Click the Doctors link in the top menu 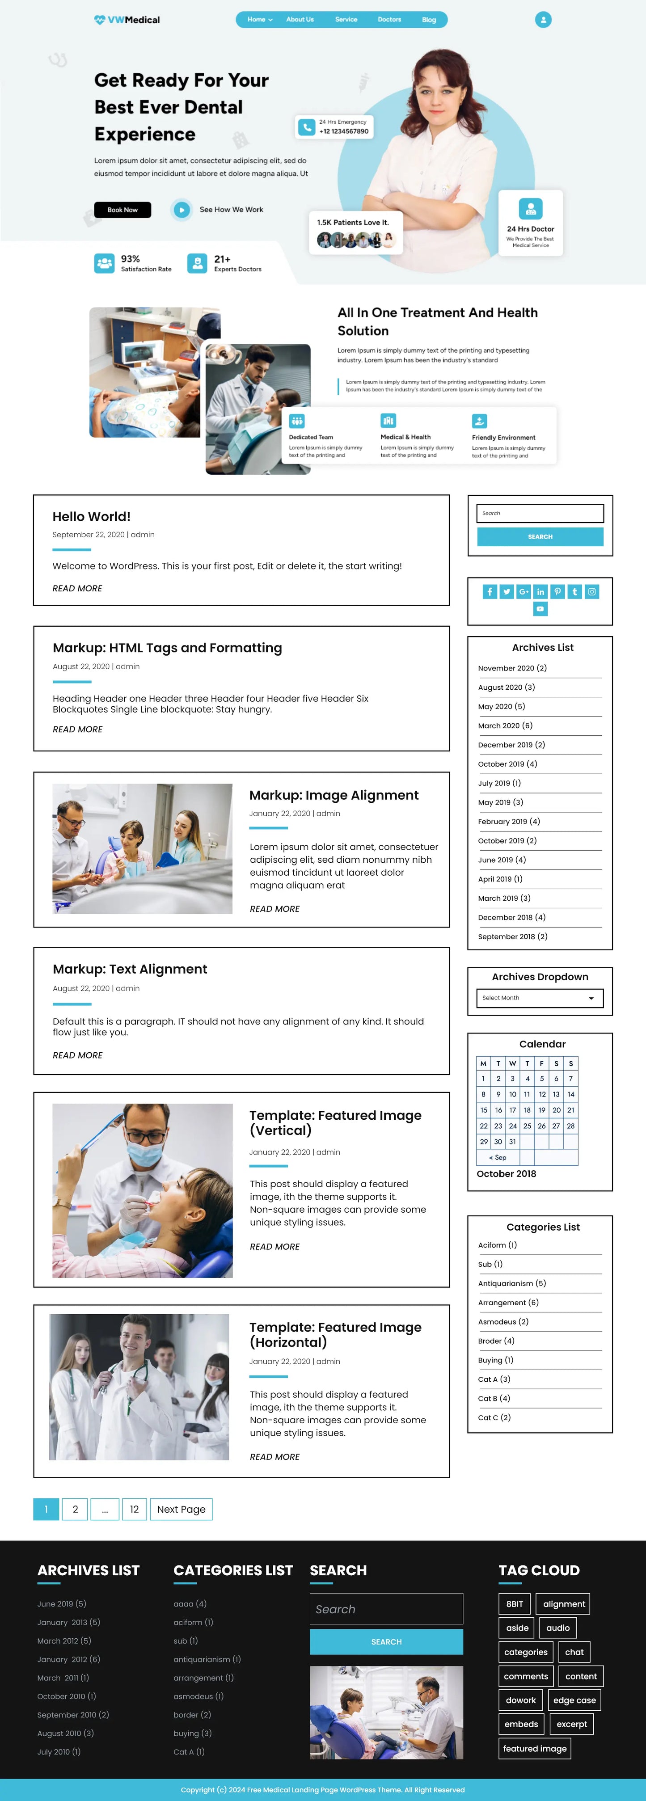coord(389,20)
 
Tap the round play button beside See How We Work coord(182,210)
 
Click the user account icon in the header coord(543,20)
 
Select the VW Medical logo coord(127,20)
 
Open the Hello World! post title coord(92,517)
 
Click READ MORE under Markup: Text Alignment coord(78,1055)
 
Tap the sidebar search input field coord(540,513)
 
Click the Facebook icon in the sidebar coord(490,591)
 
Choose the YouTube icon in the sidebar coord(540,609)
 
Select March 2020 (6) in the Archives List coord(505,725)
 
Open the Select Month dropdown coord(540,998)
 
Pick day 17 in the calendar coord(512,1110)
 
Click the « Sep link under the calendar coord(498,1158)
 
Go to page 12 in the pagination coord(134,1510)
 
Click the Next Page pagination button coord(181,1510)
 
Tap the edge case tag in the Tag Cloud coord(574,1700)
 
